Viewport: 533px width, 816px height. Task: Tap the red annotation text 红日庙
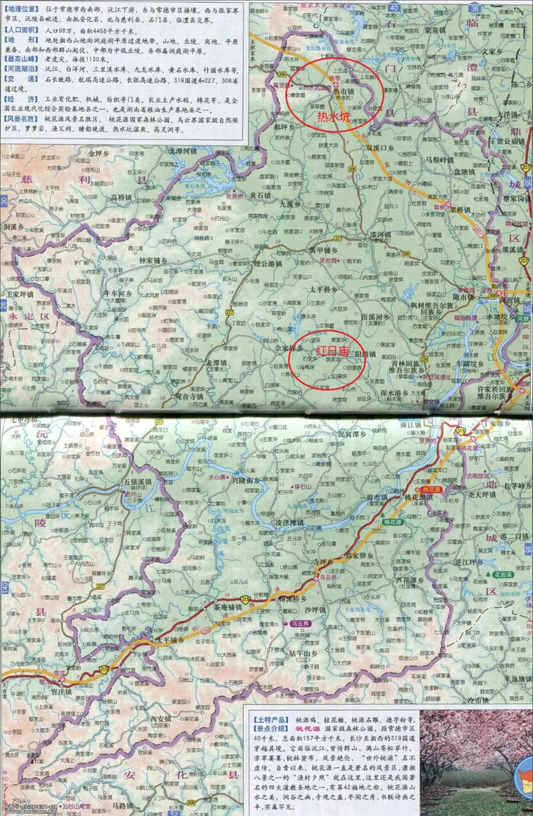pos(332,351)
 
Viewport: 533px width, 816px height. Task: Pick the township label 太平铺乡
pos(166,641)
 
